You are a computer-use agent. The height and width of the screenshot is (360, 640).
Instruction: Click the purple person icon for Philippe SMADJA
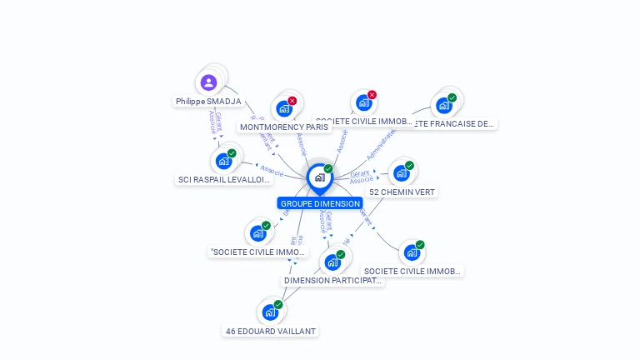[x=208, y=82]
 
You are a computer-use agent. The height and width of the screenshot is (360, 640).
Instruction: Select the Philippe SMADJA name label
[x=208, y=102]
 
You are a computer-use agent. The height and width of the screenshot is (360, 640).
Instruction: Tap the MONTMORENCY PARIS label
[x=284, y=127]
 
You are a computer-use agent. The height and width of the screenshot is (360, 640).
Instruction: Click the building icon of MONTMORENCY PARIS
[x=284, y=108]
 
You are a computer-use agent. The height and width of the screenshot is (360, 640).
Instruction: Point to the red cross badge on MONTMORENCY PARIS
[x=292, y=101]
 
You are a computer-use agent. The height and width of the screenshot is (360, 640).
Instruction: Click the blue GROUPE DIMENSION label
[x=320, y=203]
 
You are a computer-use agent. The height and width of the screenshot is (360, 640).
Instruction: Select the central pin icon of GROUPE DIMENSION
[x=319, y=177]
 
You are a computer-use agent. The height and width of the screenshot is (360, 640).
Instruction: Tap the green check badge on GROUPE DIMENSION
[x=328, y=169]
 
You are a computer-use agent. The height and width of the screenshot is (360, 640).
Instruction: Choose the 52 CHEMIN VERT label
[x=402, y=192]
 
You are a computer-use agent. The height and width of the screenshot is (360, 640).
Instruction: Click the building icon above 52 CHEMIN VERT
[x=401, y=173]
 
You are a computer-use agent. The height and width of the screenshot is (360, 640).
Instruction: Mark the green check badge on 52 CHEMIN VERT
[x=409, y=166]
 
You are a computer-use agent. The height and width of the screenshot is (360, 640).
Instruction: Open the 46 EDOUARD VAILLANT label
[x=271, y=331]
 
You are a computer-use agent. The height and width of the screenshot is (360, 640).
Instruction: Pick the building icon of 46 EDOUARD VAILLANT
[x=269, y=312]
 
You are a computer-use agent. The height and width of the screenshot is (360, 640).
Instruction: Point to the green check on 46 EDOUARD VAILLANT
[x=278, y=305]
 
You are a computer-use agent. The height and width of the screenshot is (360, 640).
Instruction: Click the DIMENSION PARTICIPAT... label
[x=332, y=281]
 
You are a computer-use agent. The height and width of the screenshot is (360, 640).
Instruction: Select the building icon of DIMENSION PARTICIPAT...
[x=332, y=262]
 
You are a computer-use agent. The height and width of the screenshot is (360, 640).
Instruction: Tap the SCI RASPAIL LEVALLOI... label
[x=224, y=180]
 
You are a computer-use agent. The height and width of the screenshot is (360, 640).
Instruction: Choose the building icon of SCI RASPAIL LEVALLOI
[x=223, y=161]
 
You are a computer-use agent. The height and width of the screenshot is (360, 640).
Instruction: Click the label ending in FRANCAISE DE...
[x=455, y=123]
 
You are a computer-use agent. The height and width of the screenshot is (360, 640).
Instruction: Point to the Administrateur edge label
[x=382, y=144]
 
